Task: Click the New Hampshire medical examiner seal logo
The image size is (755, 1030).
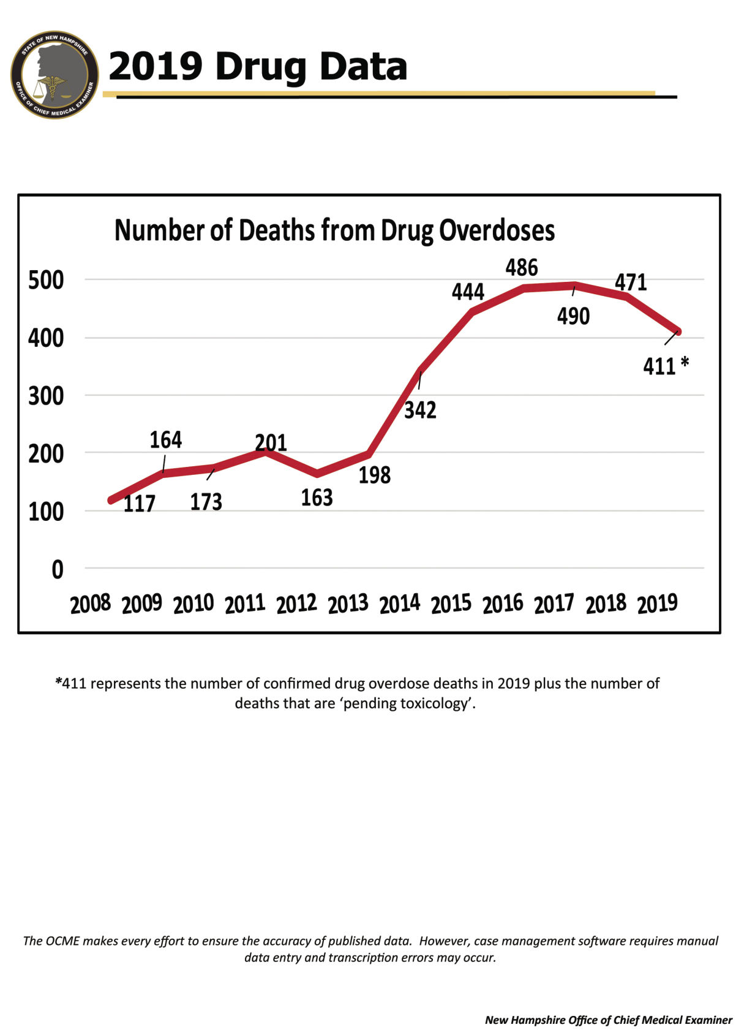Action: [54, 75]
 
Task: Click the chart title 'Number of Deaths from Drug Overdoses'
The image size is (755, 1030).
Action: [334, 230]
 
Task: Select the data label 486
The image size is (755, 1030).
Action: [521, 268]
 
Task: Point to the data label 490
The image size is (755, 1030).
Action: [573, 316]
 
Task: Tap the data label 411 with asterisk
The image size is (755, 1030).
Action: [665, 366]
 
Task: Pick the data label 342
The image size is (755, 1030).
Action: [420, 410]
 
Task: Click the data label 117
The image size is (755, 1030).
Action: [139, 504]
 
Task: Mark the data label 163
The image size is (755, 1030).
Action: [317, 498]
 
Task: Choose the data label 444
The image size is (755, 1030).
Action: [468, 292]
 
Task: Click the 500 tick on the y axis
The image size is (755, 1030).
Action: [46, 280]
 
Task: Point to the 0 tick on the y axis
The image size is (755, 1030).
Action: [57, 570]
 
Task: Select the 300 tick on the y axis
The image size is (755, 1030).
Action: [46, 396]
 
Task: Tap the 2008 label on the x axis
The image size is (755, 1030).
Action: [91, 604]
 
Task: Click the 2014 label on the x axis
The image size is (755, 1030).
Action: [400, 604]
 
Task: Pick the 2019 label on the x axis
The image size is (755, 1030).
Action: [657, 604]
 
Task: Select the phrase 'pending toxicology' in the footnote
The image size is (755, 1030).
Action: [407, 703]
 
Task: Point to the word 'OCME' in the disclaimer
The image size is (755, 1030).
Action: [62, 941]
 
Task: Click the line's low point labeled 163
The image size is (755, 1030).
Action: [317, 473]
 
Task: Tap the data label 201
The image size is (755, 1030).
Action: [271, 442]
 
